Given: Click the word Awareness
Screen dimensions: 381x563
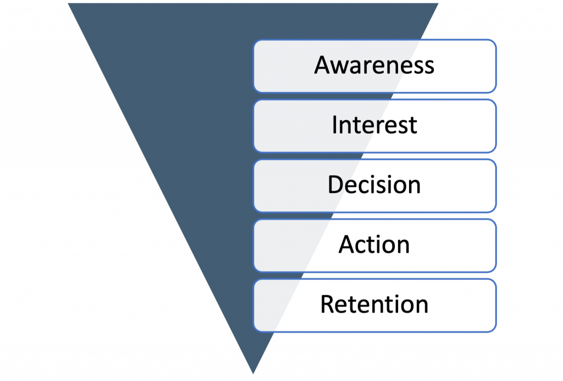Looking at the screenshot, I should tap(374, 65).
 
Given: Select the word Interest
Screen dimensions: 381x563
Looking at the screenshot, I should tap(374, 125).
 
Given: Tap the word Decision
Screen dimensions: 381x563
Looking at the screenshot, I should tap(374, 185).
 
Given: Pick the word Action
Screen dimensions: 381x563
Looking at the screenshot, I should tap(374, 244).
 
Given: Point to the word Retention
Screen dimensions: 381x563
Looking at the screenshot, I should tap(374, 304).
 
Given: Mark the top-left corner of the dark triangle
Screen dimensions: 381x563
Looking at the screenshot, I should tap(67, 3).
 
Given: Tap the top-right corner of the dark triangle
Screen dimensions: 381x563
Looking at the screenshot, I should tap(439, 3).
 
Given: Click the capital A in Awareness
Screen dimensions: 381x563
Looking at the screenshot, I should tap(323, 65).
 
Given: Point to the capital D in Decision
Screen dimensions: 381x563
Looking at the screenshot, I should tap(335, 185).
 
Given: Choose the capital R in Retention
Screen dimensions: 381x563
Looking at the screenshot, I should tap(328, 304).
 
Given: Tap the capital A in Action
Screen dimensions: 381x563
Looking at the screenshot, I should tap(347, 244).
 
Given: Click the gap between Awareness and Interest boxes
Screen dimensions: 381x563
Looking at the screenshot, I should tap(374, 96).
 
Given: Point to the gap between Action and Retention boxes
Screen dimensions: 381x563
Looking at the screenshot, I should tap(374, 275).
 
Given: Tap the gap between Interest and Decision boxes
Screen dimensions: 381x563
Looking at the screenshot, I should tap(374, 156).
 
